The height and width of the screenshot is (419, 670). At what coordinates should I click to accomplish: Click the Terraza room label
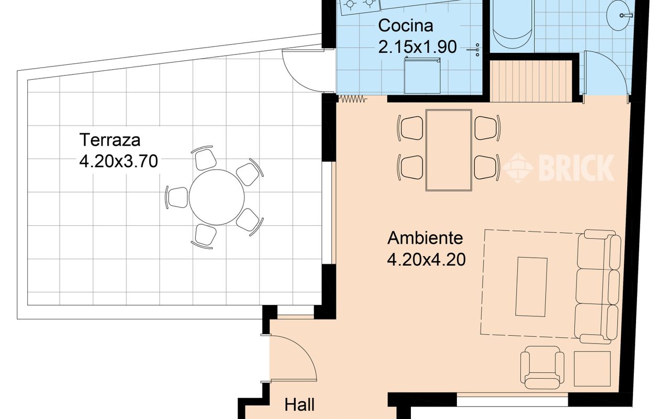(x=110, y=140)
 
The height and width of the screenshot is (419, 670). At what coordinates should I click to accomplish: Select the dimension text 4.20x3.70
(x=118, y=161)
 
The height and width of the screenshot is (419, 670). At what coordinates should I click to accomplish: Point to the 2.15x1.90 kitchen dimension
(x=418, y=47)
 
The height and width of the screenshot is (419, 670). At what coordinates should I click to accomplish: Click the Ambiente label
(x=425, y=238)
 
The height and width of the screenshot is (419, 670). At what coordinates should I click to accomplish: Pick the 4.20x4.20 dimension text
(x=426, y=259)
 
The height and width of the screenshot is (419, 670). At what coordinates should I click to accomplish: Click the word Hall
(x=299, y=405)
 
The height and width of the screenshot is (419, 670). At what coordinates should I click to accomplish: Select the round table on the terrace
(x=217, y=197)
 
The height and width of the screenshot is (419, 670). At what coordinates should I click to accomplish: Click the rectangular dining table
(x=449, y=150)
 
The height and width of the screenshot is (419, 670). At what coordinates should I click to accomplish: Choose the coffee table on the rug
(x=531, y=286)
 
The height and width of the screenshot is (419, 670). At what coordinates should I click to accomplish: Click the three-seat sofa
(x=598, y=287)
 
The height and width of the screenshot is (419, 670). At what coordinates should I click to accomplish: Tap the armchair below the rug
(x=542, y=367)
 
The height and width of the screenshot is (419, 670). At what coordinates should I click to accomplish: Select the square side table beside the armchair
(x=593, y=369)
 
